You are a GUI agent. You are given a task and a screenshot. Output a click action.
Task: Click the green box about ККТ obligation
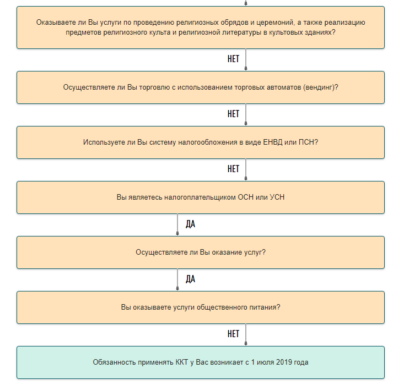(x=201, y=362)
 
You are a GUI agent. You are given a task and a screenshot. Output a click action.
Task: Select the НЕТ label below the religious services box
(x=234, y=59)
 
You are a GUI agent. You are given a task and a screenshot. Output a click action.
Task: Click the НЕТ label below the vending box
(x=234, y=114)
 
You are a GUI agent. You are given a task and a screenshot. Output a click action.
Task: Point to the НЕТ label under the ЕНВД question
(x=234, y=169)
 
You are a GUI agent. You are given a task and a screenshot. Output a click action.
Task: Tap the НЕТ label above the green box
(x=234, y=334)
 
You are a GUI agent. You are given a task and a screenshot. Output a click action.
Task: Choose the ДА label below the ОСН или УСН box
(x=191, y=224)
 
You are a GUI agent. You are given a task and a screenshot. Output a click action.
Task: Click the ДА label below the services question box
(x=191, y=279)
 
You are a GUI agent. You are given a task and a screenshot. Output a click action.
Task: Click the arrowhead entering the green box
(x=246, y=344)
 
